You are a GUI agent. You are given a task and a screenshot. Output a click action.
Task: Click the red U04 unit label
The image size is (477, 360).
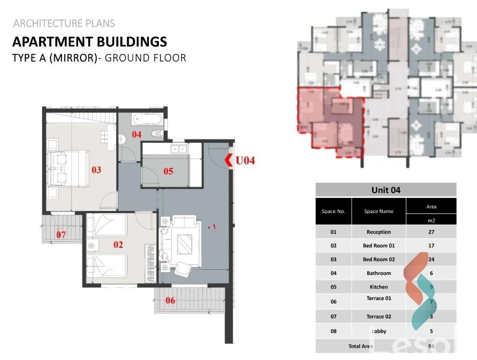pyautogui.click(x=245, y=160)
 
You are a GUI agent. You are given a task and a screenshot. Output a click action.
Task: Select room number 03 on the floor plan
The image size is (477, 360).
pyautogui.click(x=96, y=169)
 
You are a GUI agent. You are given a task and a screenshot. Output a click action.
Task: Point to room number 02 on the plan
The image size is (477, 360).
pyautogui.click(x=118, y=244)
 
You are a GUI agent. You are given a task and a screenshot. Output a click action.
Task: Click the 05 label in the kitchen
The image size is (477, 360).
pyautogui.click(x=168, y=171)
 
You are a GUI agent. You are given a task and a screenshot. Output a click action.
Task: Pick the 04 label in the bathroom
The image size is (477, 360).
pyautogui.click(x=137, y=135)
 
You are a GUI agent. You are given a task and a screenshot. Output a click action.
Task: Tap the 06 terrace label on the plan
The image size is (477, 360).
pyautogui.click(x=170, y=300)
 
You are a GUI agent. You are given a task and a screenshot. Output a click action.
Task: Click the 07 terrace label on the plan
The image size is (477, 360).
pyautogui.click(x=61, y=234)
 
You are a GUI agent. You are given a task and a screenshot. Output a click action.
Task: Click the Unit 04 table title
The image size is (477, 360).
pyautogui.click(x=385, y=190)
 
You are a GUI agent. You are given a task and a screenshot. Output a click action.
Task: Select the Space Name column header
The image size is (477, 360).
pyautogui.click(x=379, y=211)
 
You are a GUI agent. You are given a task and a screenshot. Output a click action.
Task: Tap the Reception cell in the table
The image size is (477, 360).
pyautogui.click(x=379, y=232)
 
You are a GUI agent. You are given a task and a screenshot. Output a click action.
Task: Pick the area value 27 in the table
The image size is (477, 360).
pyautogui.click(x=431, y=232)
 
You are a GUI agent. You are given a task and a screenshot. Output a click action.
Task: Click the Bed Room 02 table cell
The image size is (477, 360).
pyautogui.click(x=379, y=259)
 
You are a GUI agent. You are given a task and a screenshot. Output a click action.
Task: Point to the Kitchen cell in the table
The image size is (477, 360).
pyautogui.click(x=379, y=287)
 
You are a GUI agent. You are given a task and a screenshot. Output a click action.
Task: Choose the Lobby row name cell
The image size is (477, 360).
pyautogui.click(x=379, y=331)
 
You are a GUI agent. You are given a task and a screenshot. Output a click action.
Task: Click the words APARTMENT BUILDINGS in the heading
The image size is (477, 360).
pyautogui.click(x=90, y=42)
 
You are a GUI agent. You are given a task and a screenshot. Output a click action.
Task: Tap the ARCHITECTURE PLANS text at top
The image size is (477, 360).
pyautogui.click(x=64, y=23)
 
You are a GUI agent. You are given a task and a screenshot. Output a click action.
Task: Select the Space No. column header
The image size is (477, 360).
pyautogui.click(x=333, y=211)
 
